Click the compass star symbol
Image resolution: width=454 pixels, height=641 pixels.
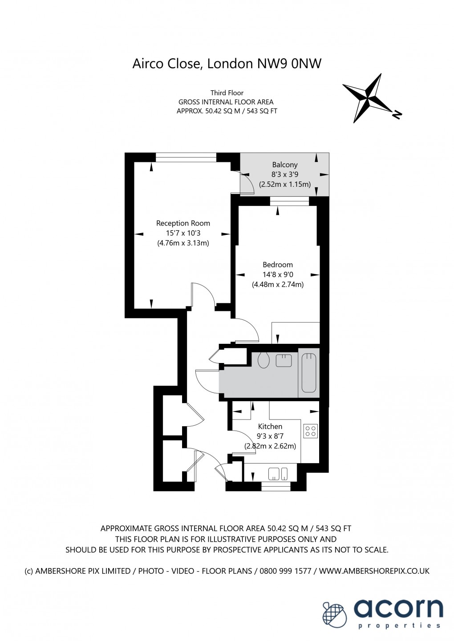point(369,98)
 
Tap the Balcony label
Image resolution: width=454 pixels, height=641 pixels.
point(285,165)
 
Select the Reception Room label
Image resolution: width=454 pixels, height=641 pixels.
point(183,223)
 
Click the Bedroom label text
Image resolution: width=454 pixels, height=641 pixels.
point(278,265)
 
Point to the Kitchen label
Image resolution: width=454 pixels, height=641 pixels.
point(270,426)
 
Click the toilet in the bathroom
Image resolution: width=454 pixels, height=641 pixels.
point(263,360)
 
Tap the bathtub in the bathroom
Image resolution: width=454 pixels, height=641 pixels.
point(309,372)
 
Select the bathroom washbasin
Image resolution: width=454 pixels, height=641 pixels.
point(284,360)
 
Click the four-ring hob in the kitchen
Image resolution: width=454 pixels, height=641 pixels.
point(310,431)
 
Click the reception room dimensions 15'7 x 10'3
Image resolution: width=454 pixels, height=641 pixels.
point(183,233)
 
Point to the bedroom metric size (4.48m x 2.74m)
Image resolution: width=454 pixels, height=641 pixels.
point(278,285)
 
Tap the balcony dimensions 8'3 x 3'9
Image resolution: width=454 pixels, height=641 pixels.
point(285,174)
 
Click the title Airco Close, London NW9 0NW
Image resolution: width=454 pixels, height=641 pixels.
point(227,64)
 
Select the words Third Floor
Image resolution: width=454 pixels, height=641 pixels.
point(227,93)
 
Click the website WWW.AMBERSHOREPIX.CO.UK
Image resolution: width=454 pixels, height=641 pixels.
point(374,571)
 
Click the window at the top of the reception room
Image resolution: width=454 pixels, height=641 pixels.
point(186,157)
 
